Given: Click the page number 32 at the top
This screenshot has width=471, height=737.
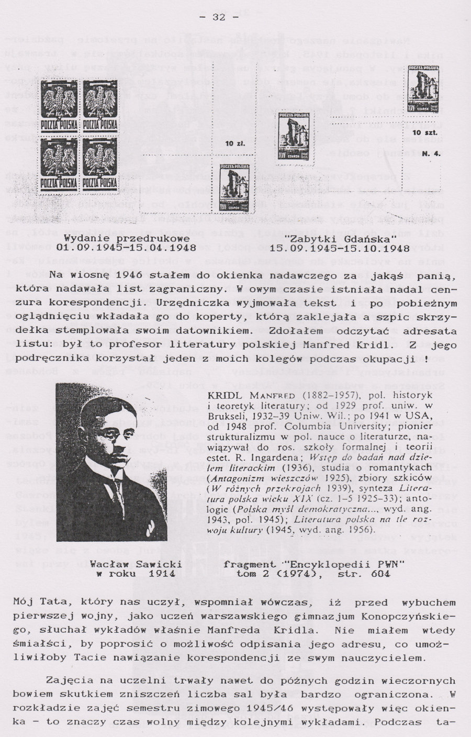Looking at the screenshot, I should click(x=218, y=17).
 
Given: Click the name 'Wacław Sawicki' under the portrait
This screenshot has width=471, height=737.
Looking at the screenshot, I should click(x=136, y=564).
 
